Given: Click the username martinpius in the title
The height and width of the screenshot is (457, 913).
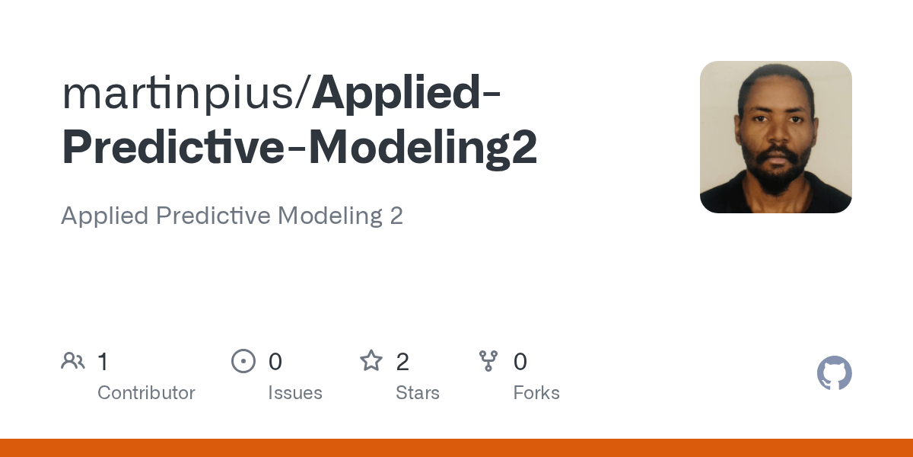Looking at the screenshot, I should [183, 94].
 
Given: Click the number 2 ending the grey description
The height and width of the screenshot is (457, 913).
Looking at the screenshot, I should [396, 216].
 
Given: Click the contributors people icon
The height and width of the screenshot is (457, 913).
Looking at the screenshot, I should [73, 361].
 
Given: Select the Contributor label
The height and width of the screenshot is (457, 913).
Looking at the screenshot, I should [146, 393].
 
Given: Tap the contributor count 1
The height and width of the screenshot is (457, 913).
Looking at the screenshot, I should [103, 362].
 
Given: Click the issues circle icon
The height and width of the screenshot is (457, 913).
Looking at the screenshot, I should [243, 361].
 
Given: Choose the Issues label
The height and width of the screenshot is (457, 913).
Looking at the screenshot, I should [295, 393].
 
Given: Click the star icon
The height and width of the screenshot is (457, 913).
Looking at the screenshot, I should [371, 360].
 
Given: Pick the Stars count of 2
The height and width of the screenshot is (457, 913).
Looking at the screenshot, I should [402, 362].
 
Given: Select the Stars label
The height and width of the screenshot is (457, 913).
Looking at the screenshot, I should [418, 393].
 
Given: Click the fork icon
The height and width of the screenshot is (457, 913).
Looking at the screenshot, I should [488, 361].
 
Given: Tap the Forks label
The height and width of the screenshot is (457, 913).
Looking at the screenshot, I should [536, 393].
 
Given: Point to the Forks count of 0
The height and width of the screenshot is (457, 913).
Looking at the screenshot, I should [520, 362].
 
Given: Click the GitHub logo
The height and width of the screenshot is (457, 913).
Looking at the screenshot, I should [835, 374].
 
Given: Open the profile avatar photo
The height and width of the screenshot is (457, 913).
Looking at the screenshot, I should [775, 137].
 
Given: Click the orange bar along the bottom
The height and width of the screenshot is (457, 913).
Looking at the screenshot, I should [456, 448].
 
